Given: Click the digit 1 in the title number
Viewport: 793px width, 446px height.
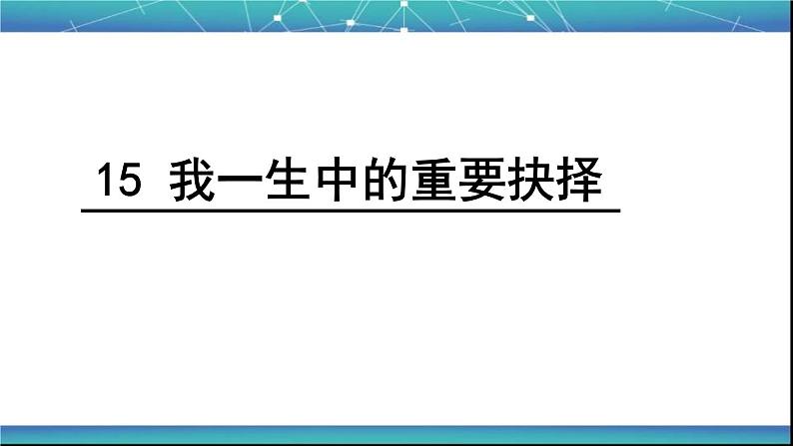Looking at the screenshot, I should click(103, 182).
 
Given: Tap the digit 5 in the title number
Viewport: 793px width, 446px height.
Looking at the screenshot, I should click(124, 182).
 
